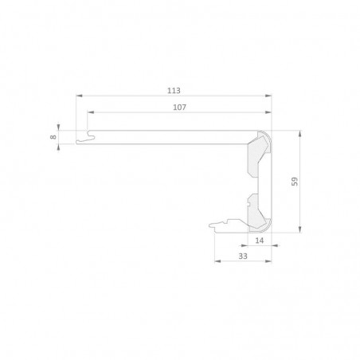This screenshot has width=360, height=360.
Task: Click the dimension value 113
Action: pyautogui.click(x=174, y=91)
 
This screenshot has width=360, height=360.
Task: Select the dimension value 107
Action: pyautogui.click(x=180, y=108)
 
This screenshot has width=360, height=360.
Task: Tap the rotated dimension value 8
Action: pyautogui.click(x=53, y=137)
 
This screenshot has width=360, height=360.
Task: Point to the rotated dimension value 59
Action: pyautogui.click(x=295, y=182)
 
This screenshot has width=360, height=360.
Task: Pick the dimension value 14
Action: pyautogui.click(x=260, y=241)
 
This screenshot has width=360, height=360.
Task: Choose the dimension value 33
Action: pyautogui.click(x=243, y=256)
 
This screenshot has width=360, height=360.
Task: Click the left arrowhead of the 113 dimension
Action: pyautogui.click(x=80, y=96)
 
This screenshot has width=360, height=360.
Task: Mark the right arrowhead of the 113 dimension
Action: pyautogui.click(x=268, y=96)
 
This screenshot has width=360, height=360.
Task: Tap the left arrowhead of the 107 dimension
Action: pyautogui.click(x=91, y=112)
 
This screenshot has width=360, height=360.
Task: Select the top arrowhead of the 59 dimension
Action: pyautogui.click(x=300, y=134)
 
